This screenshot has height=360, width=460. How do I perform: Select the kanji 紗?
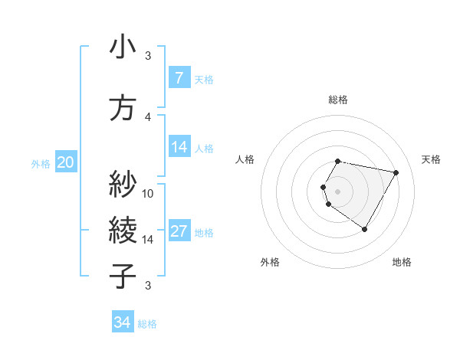tap(123, 184)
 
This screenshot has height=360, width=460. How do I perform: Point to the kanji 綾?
tap(123, 229)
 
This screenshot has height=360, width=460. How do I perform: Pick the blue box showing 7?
tap(179, 78)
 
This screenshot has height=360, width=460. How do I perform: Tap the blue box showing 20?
tap(65, 162)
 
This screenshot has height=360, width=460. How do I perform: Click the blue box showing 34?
tap(122, 322)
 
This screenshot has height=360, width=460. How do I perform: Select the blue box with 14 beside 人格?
tap(179, 147)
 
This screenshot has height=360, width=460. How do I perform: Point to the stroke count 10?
tap(148, 193)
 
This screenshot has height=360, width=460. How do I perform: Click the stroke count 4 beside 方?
tap(148, 116)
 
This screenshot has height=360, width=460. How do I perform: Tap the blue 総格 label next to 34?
tap(147, 324)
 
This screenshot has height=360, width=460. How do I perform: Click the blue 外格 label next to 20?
tap(41, 163)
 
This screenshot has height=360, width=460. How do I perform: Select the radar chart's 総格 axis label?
tap(338, 100)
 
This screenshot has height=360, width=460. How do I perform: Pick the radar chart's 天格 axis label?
tap(432, 159)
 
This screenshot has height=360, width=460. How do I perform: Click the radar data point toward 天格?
tap(396, 172)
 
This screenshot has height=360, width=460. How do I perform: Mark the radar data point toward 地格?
tap(364, 230)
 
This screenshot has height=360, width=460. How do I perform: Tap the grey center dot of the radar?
tap(338, 191)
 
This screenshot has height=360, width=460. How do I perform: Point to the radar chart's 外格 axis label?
tap(270, 262)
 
